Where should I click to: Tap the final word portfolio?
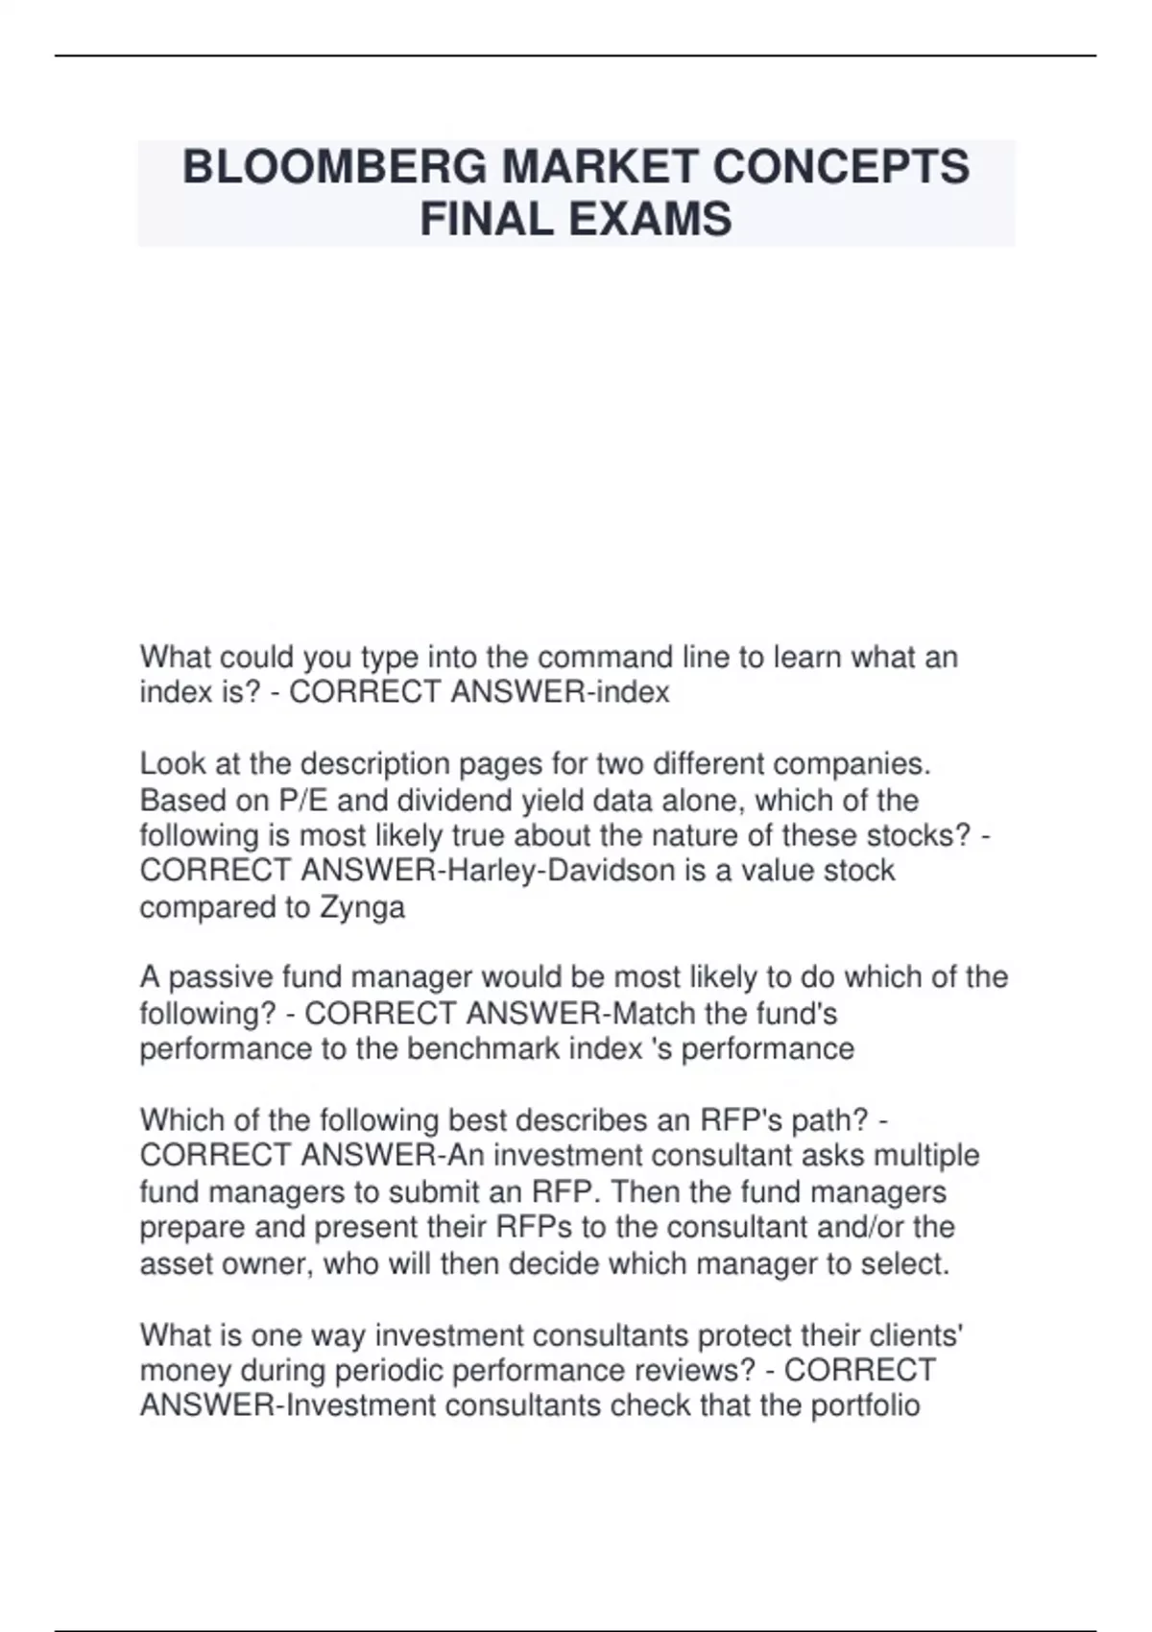(865, 1406)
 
